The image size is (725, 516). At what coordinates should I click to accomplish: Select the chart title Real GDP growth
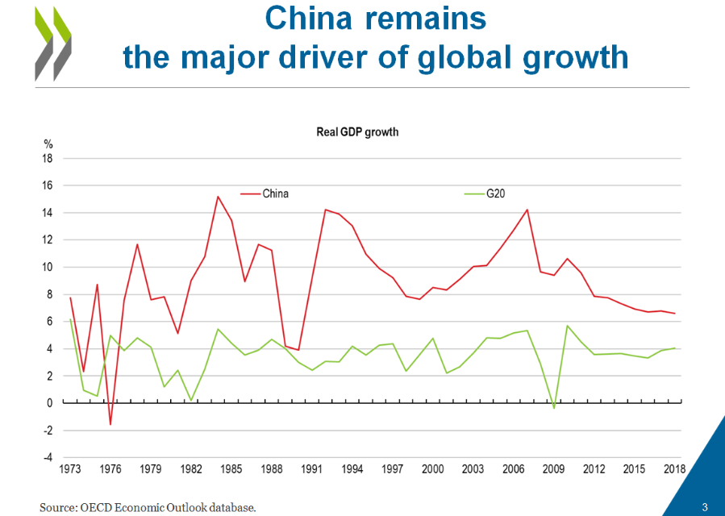coord(357,131)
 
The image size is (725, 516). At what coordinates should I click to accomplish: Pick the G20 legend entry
coord(495,193)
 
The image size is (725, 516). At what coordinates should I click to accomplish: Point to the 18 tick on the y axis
coord(48,159)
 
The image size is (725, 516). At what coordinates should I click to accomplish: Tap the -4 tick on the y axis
coord(48,457)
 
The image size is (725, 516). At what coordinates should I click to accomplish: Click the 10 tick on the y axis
coord(48,267)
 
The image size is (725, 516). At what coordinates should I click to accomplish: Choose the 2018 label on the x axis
coord(674,469)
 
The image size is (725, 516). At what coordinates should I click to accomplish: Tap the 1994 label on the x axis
coord(352,469)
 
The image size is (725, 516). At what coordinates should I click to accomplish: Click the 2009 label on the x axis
coord(554,469)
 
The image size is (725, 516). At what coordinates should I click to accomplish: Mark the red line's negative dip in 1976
coord(110,424)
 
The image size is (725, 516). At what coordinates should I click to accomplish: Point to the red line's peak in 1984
coord(218,196)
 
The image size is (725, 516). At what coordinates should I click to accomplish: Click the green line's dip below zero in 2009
coord(554,408)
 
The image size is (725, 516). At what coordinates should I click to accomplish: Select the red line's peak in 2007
coord(527,210)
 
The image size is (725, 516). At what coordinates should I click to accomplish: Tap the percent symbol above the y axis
coord(48,144)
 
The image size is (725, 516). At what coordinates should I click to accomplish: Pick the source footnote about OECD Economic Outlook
coord(148,507)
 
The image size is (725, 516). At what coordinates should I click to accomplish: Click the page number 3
coord(705,507)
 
